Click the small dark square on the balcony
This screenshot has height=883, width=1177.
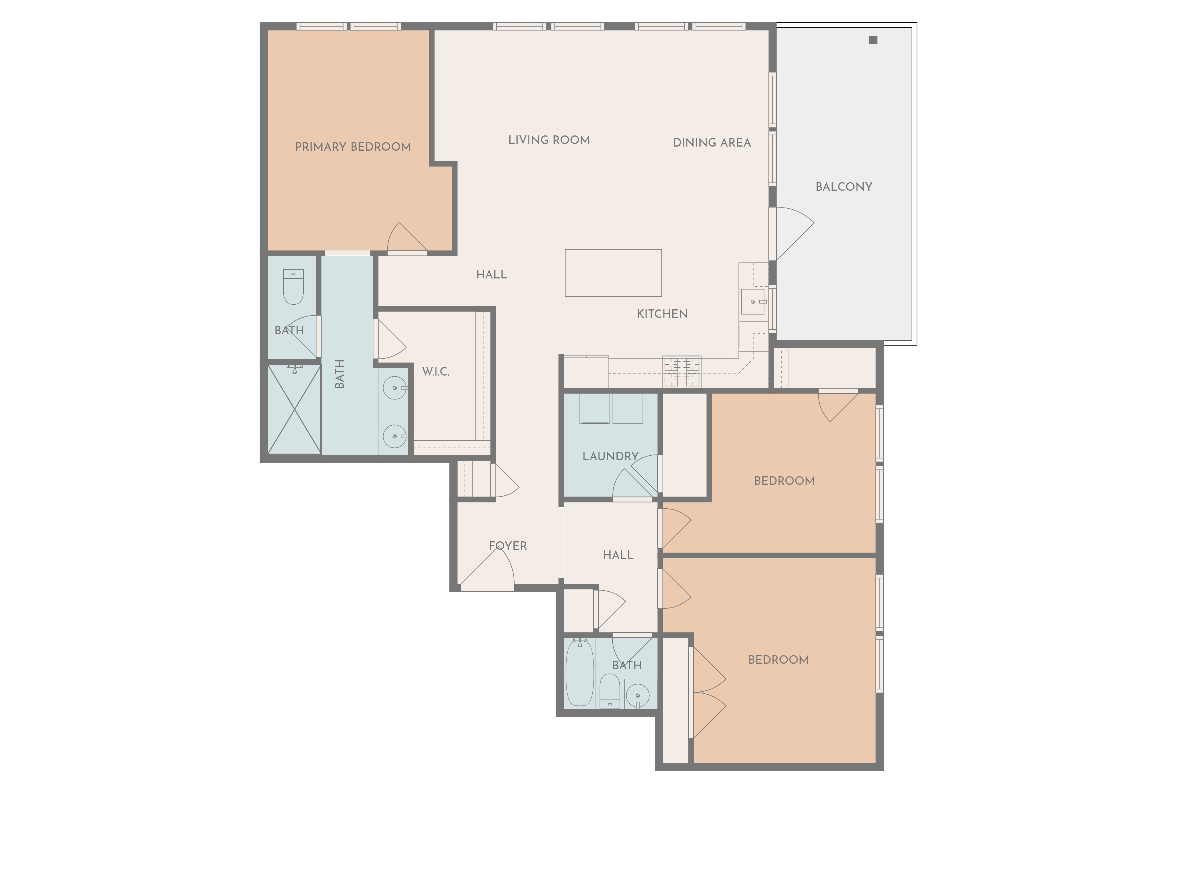coord(873,40)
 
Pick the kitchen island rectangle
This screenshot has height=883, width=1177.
coord(613,273)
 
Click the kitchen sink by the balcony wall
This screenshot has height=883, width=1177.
coord(752,302)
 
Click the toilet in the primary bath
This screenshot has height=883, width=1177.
coord(293,287)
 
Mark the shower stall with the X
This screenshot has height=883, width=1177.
coord(294,409)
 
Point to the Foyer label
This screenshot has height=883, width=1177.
coord(508,546)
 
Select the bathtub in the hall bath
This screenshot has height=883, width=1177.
coord(579,673)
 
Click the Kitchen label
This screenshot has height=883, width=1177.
coord(662,314)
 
